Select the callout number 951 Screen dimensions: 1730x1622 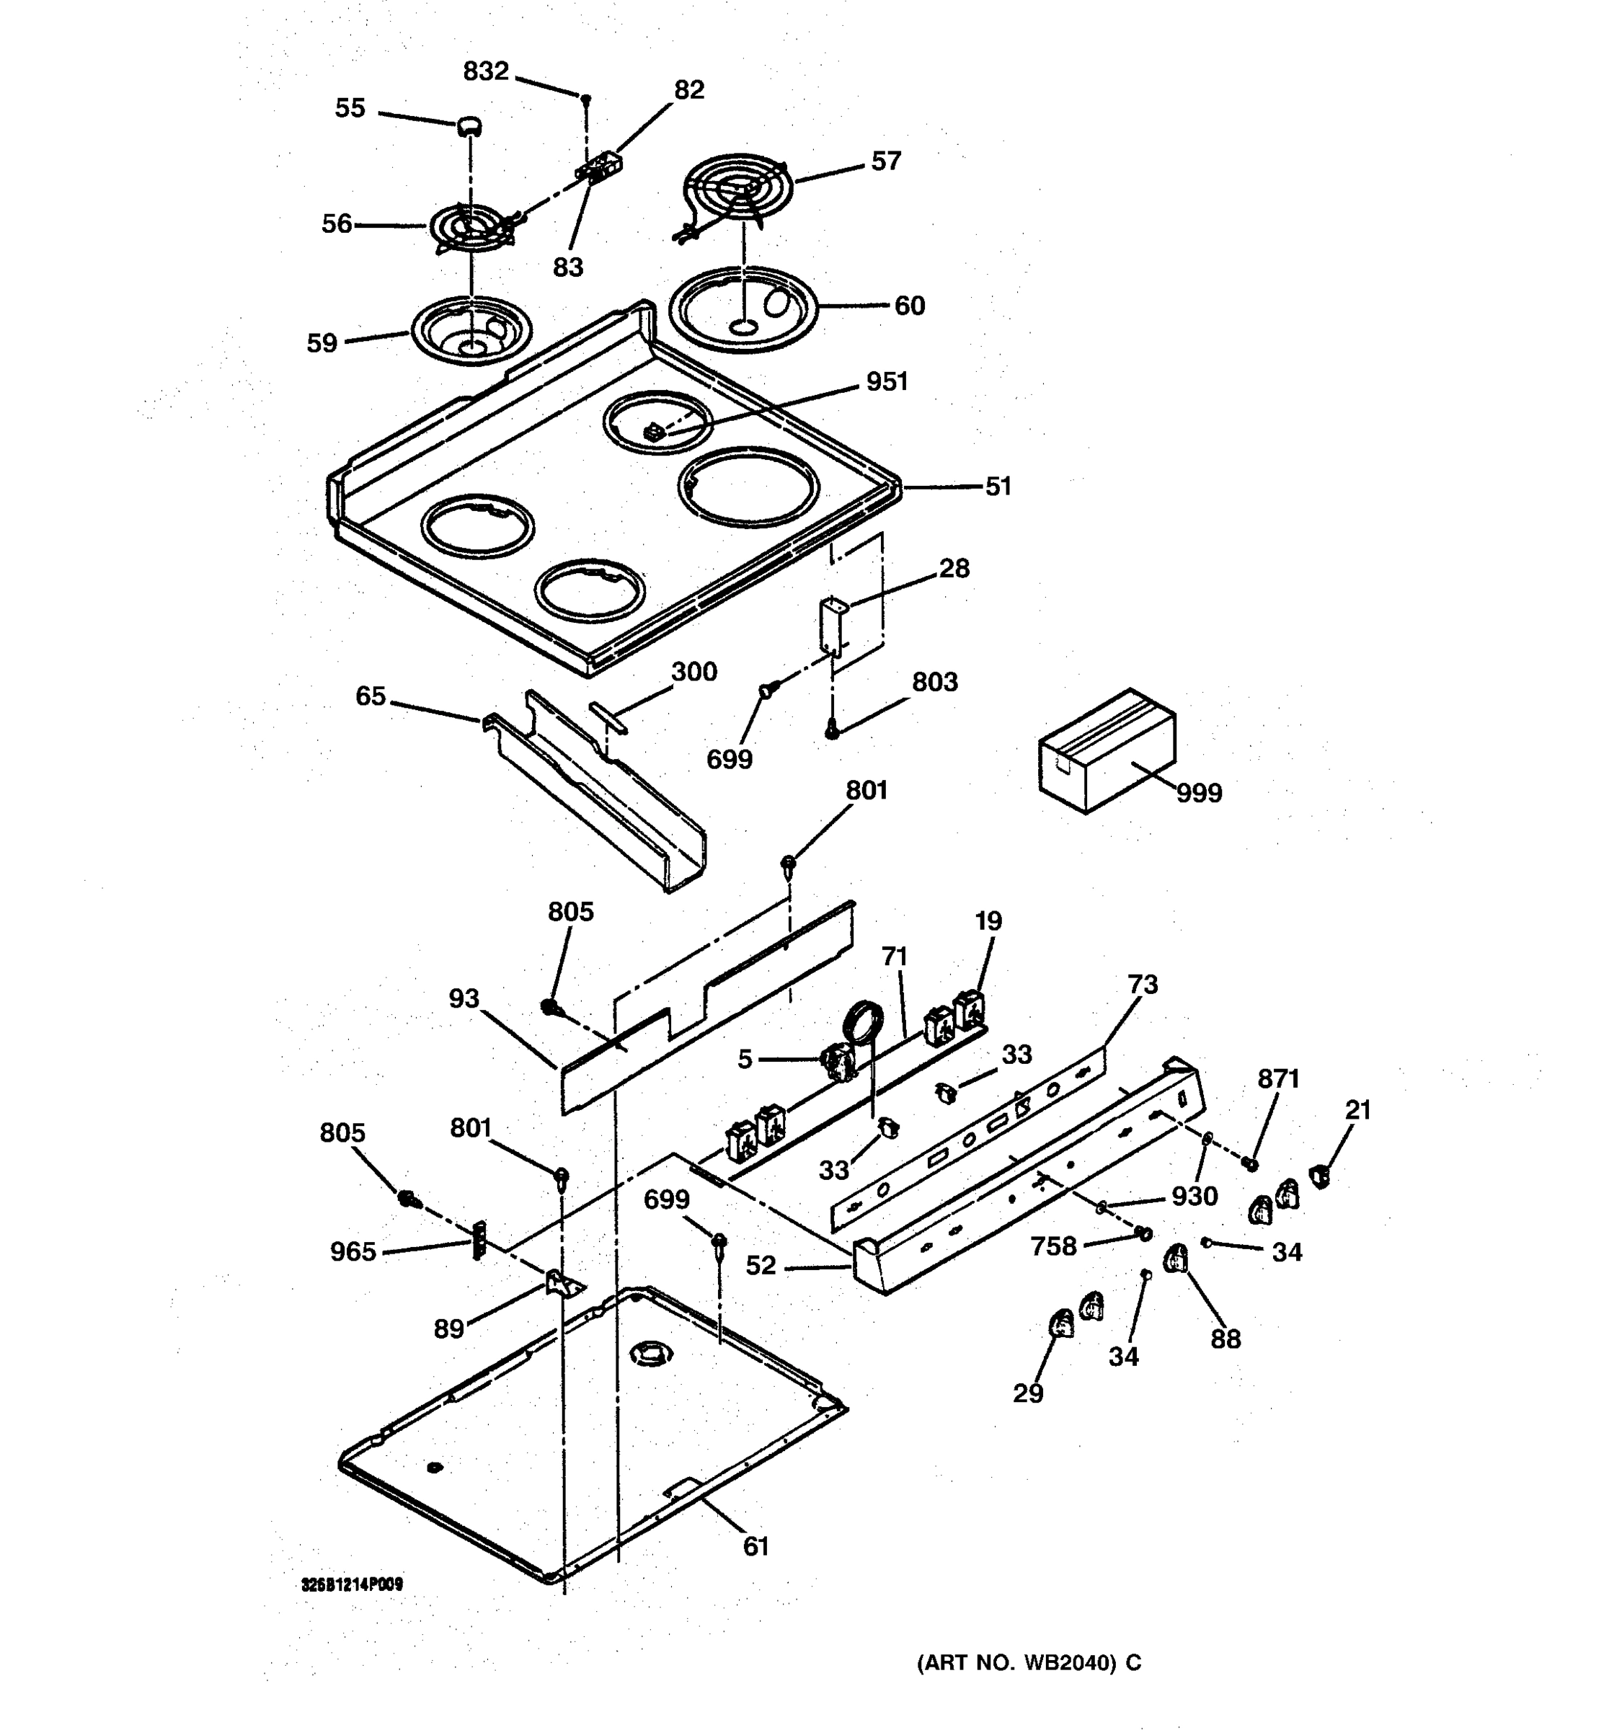pyautogui.click(x=886, y=382)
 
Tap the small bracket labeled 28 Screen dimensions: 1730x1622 pyautogui.click(x=833, y=625)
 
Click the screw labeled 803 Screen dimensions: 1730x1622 pyautogui.click(x=832, y=732)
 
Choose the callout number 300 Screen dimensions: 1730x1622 pyautogui.click(x=693, y=672)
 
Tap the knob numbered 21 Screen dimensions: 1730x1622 pyautogui.click(x=1320, y=1177)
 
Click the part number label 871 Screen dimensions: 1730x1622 pyautogui.click(x=1277, y=1079)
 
